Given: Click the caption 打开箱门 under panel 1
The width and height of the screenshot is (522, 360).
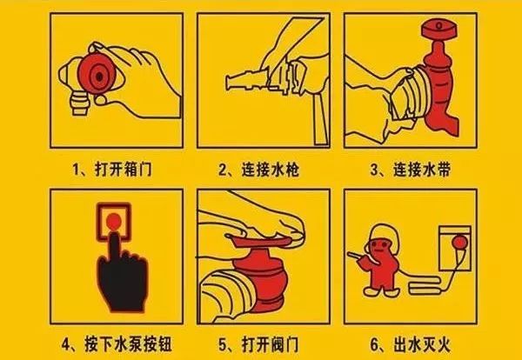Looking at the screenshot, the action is coord(124,170).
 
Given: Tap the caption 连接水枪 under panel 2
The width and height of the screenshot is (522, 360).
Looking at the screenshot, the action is coord(271,170).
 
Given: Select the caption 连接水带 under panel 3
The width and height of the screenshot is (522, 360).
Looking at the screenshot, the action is coord(422,170).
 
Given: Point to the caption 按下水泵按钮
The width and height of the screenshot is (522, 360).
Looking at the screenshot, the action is coord(128,344).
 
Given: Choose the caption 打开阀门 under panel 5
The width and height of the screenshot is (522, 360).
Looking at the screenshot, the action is coord(271,344).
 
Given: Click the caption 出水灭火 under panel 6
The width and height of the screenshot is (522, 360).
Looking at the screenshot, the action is coord(422,344).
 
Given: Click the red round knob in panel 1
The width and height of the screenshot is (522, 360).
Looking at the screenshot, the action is coord(97,76).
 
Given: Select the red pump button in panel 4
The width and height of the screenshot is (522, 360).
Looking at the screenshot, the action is coord(114,221).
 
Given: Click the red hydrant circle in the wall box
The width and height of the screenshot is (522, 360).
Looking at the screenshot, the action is coord(459,243).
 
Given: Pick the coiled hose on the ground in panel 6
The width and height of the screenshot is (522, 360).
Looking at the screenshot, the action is coord(425,285).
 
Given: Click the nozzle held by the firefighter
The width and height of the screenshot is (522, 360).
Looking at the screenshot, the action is coord(354,256).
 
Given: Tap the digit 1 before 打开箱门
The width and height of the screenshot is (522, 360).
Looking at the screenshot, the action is coord(76,170).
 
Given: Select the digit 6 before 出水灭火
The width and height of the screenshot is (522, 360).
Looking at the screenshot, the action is coord(374,344).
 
